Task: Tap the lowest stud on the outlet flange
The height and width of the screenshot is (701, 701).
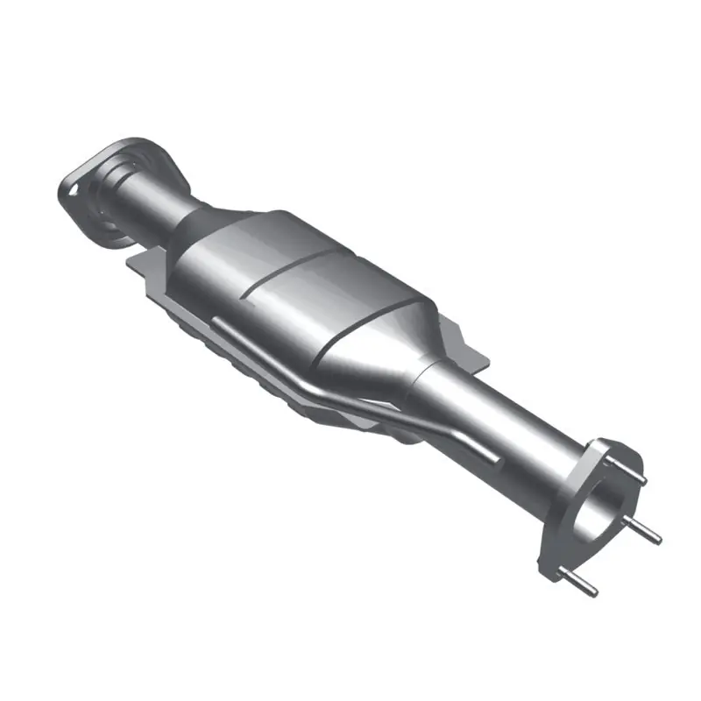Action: [x=583, y=585]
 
